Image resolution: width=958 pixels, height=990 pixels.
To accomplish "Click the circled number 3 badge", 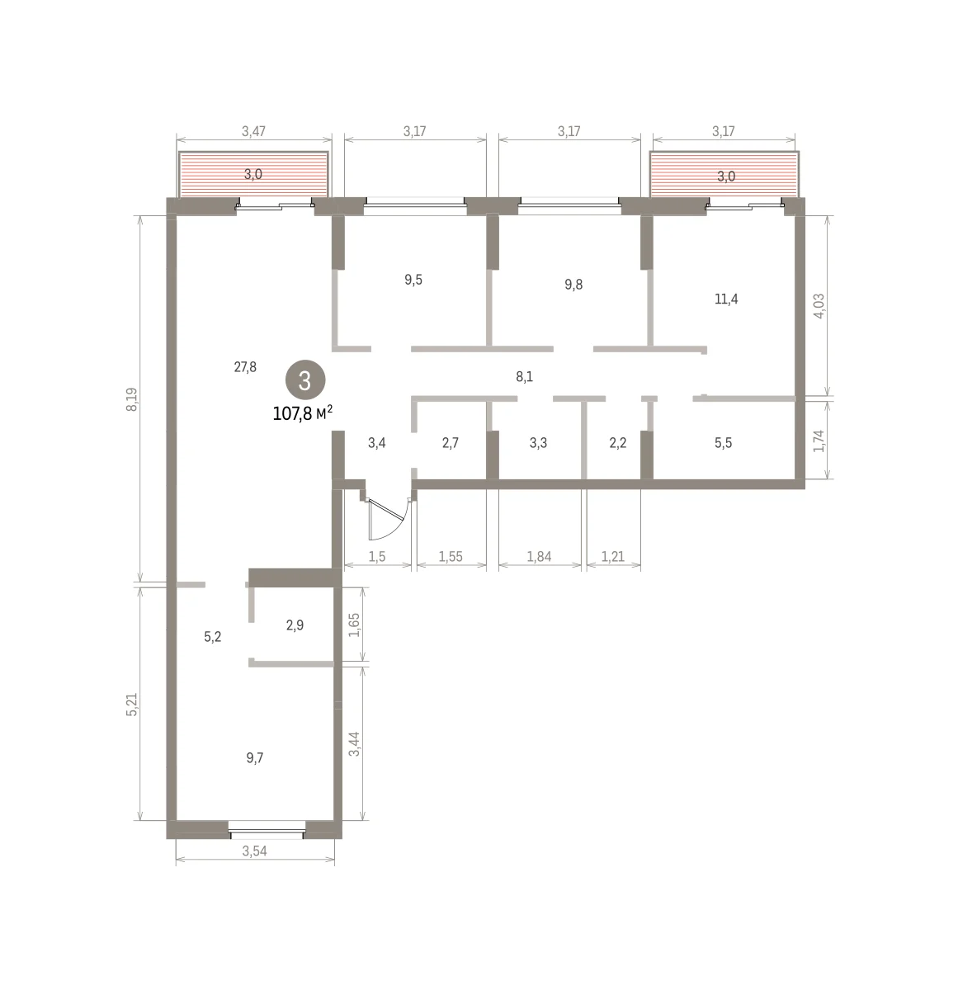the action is click(304, 380).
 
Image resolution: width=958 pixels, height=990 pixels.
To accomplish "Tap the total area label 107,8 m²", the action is click(303, 412).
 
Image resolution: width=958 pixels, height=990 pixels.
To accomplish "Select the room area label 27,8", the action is click(245, 367).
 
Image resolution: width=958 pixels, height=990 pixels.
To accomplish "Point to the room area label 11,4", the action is click(726, 299).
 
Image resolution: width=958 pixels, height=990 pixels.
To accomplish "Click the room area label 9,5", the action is click(413, 280).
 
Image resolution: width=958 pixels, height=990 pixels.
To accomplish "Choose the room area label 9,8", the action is click(573, 285).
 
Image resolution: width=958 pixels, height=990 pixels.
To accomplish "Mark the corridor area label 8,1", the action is click(524, 376).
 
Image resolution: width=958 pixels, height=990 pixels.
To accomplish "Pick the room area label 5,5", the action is click(723, 442).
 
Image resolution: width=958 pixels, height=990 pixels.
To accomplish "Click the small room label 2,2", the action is click(618, 442).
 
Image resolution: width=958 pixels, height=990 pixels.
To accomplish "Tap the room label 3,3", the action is click(538, 442).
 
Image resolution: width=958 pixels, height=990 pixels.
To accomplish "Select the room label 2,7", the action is click(451, 442).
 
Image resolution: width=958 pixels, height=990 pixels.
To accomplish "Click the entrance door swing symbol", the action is click(388, 519).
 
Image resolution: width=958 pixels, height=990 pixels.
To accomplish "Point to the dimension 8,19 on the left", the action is click(132, 399).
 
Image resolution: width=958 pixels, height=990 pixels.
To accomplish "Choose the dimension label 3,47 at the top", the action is click(253, 131).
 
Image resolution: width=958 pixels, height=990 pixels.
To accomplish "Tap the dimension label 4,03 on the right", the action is click(819, 306).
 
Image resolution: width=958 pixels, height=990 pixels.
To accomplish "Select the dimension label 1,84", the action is click(539, 557).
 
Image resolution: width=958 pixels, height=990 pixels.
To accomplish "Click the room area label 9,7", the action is click(254, 757).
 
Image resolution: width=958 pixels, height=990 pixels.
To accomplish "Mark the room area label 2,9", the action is click(295, 625).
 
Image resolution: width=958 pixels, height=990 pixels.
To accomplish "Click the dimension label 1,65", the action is click(354, 625).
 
